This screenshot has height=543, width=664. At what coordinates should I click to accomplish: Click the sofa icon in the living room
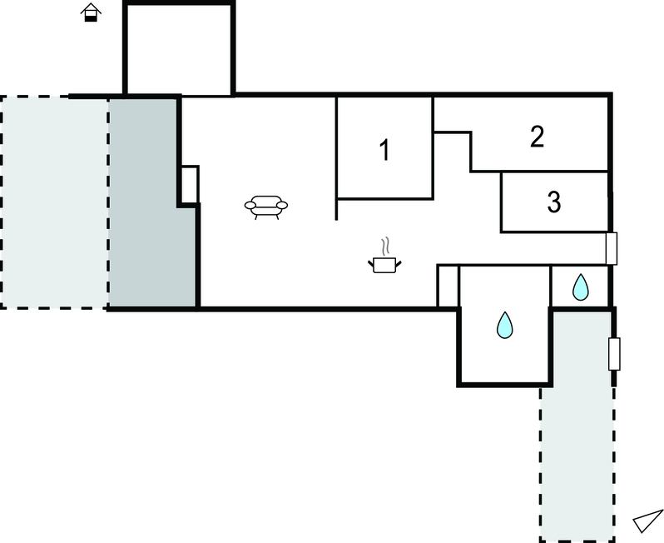(266, 207)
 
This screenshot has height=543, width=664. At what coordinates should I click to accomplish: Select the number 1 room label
(384, 150)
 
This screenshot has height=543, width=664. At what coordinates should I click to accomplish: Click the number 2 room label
(537, 137)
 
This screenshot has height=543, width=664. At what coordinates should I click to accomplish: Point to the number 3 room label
(554, 202)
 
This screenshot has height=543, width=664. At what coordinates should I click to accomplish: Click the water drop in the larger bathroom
(504, 325)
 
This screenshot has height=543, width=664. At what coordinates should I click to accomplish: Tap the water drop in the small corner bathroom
(580, 287)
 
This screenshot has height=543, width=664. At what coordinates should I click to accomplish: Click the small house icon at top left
(91, 12)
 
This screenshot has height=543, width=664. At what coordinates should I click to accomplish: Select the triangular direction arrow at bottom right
(648, 521)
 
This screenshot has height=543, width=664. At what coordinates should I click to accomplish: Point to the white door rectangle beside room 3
(612, 248)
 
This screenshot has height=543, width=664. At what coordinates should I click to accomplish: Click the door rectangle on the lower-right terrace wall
(614, 354)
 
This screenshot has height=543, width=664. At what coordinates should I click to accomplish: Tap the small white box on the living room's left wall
(190, 185)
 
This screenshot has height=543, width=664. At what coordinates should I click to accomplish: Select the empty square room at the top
(179, 50)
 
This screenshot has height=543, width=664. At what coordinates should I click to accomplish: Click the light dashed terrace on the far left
(54, 202)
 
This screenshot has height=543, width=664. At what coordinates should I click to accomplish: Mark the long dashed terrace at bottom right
(578, 426)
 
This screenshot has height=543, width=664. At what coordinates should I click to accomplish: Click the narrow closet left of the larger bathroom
(448, 286)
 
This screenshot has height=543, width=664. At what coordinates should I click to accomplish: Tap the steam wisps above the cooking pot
(385, 247)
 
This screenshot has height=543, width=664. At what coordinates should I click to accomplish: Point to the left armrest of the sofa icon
(250, 206)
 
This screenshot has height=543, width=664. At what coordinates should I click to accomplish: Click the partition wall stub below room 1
(336, 209)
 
